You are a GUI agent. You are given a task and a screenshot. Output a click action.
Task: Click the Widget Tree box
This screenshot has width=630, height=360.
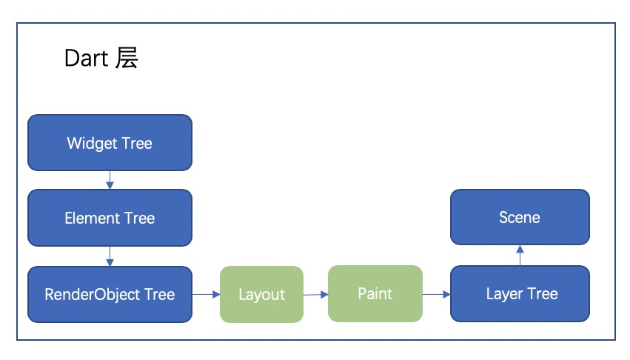110,143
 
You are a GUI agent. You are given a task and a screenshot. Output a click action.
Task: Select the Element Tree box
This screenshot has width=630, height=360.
110,218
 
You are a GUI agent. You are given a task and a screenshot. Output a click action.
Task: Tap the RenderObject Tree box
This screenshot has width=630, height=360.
110,294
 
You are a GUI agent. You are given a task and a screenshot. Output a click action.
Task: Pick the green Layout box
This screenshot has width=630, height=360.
261,294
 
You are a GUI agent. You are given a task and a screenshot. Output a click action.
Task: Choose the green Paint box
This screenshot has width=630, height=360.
375,293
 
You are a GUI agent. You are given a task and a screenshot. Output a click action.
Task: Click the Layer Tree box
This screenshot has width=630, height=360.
520,293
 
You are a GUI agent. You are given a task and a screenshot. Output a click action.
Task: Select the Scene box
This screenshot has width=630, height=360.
520,217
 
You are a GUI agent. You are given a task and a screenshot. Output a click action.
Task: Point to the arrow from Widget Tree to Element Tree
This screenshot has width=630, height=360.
110,180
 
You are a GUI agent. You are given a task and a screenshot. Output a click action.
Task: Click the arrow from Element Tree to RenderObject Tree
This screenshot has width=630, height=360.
110,256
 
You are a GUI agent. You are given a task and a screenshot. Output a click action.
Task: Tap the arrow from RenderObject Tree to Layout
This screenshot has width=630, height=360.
206,294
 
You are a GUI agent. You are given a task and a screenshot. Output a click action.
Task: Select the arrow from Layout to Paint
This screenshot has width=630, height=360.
316,295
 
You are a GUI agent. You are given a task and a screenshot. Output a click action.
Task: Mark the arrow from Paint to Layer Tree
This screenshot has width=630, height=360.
436,294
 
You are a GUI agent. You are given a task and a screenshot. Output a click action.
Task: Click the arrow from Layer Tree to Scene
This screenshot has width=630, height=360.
520,256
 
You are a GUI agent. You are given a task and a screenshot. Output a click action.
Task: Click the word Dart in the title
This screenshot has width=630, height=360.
86,59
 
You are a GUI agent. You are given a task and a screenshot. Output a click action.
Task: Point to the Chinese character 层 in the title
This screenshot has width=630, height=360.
127,58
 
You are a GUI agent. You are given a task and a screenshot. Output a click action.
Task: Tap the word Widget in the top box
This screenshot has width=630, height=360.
92,144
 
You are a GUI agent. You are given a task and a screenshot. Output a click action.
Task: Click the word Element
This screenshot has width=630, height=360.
93,218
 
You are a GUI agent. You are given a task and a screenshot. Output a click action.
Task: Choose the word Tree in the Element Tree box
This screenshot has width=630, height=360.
140,218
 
